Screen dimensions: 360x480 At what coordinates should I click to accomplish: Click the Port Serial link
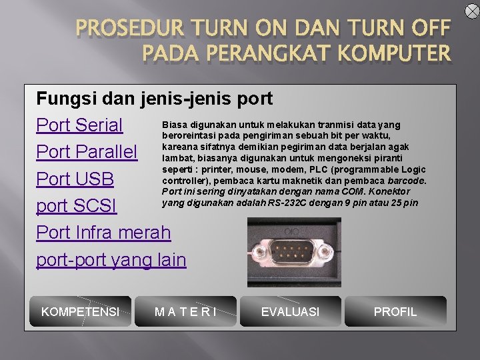tap(79, 125)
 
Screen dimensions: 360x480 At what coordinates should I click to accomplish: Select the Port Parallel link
tap(87, 152)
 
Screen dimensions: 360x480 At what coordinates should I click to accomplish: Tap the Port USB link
tap(75, 179)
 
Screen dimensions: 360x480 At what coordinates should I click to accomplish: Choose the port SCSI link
tap(76, 206)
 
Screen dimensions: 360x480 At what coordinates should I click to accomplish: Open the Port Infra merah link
tap(103, 233)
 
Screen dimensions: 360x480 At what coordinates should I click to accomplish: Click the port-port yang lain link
tap(111, 259)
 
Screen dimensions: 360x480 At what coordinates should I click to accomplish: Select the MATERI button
tap(185, 311)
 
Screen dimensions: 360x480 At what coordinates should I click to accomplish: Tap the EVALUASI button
tap(290, 311)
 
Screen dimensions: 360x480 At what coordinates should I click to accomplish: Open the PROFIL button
tap(395, 311)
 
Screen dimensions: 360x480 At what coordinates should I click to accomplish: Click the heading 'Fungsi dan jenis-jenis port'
tap(154, 99)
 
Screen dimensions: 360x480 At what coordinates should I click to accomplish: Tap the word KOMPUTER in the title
tap(396, 53)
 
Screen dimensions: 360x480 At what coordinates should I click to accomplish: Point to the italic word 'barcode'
tap(407, 180)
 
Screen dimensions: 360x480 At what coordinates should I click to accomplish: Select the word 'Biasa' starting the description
tap(174, 125)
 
